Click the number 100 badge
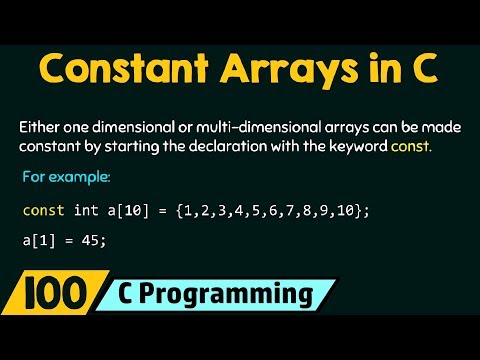tap(47, 297)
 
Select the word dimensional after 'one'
tap(142, 128)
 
